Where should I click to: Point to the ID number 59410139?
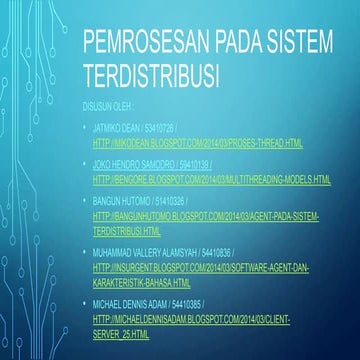click(193, 160)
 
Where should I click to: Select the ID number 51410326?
click(166, 201)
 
